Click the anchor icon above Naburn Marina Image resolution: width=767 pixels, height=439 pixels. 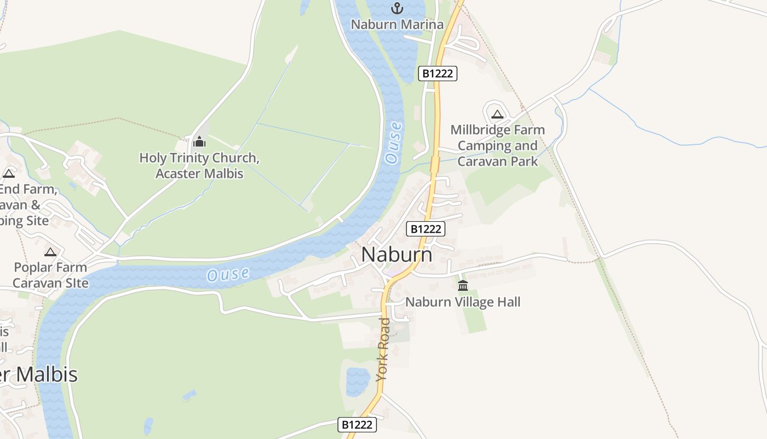[x=397, y=8]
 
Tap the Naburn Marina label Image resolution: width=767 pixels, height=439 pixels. [x=397, y=25]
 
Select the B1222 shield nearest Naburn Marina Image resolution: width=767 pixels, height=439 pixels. [x=437, y=74]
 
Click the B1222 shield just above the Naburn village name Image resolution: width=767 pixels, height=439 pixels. [x=425, y=229]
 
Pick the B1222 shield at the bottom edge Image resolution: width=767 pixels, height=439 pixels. [x=357, y=424]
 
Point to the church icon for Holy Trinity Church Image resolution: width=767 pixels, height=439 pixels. [x=199, y=142]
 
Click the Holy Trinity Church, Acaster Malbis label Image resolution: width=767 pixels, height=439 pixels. [x=199, y=166]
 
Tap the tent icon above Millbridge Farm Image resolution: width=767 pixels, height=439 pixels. [x=497, y=114]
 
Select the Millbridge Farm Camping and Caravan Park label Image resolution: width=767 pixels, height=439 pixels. [x=497, y=145]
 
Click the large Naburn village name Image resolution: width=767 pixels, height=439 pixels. [x=397, y=255]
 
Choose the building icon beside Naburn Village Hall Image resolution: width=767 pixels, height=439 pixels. [x=463, y=285]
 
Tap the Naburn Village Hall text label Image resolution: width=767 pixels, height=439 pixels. [x=462, y=302]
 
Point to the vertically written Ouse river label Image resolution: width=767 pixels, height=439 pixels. [x=393, y=142]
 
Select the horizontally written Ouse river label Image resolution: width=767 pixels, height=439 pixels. [x=228, y=274]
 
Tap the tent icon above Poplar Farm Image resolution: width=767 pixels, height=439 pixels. [x=50, y=252]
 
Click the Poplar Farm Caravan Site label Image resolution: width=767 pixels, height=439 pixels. [x=50, y=275]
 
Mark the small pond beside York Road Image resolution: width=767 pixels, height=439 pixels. [x=358, y=381]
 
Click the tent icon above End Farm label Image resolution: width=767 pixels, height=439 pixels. [x=8, y=173]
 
